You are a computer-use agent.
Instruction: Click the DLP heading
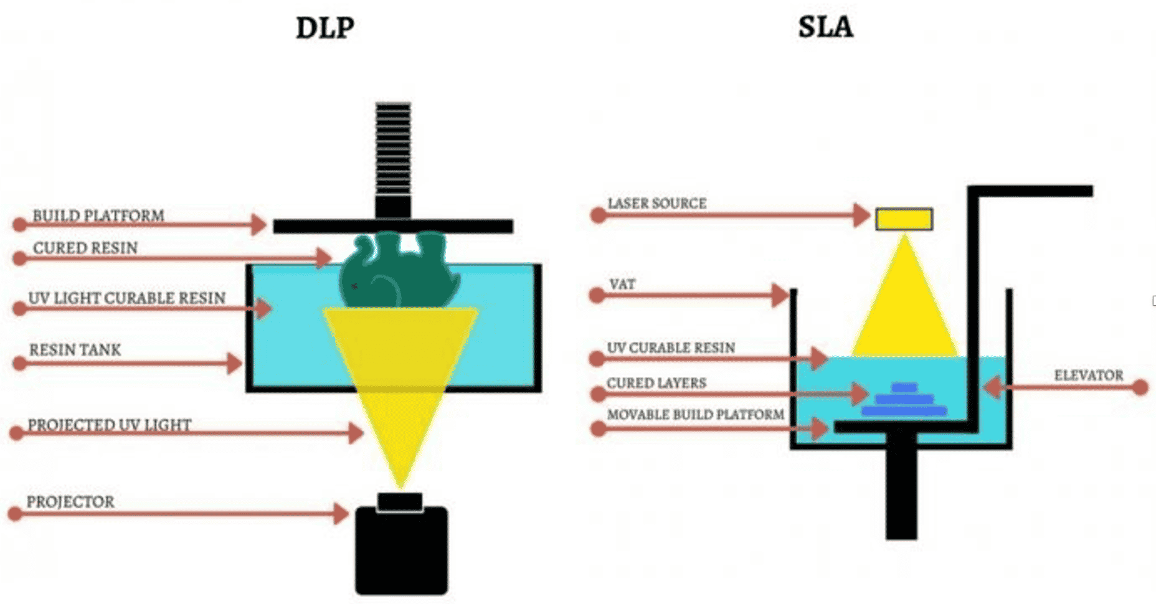tap(325, 28)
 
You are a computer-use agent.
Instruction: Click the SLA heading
tap(825, 27)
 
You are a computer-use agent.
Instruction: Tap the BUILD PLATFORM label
tap(98, 215)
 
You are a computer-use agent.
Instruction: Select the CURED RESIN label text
tap(85, 248)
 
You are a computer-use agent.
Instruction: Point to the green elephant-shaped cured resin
tap(399, 274)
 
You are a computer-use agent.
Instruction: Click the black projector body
tap(401, 551)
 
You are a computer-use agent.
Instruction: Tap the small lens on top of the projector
tap(400, 501)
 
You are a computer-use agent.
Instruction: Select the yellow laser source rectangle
tap(904, 219)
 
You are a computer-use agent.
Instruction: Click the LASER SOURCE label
tap(656, 204)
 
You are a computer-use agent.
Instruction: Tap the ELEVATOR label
tap(1088, 375)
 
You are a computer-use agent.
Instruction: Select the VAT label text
tap(622, 285)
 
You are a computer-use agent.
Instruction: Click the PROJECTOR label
tap(70, 502)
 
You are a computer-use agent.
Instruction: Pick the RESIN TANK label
tap(75, 350)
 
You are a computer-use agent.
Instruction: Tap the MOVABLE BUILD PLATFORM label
tap(695, 415)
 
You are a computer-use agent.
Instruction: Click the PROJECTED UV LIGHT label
tap(109, 425)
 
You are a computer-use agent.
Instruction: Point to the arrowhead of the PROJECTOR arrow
tap(340, 514)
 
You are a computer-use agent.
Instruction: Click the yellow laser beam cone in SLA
tap(904, 305)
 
